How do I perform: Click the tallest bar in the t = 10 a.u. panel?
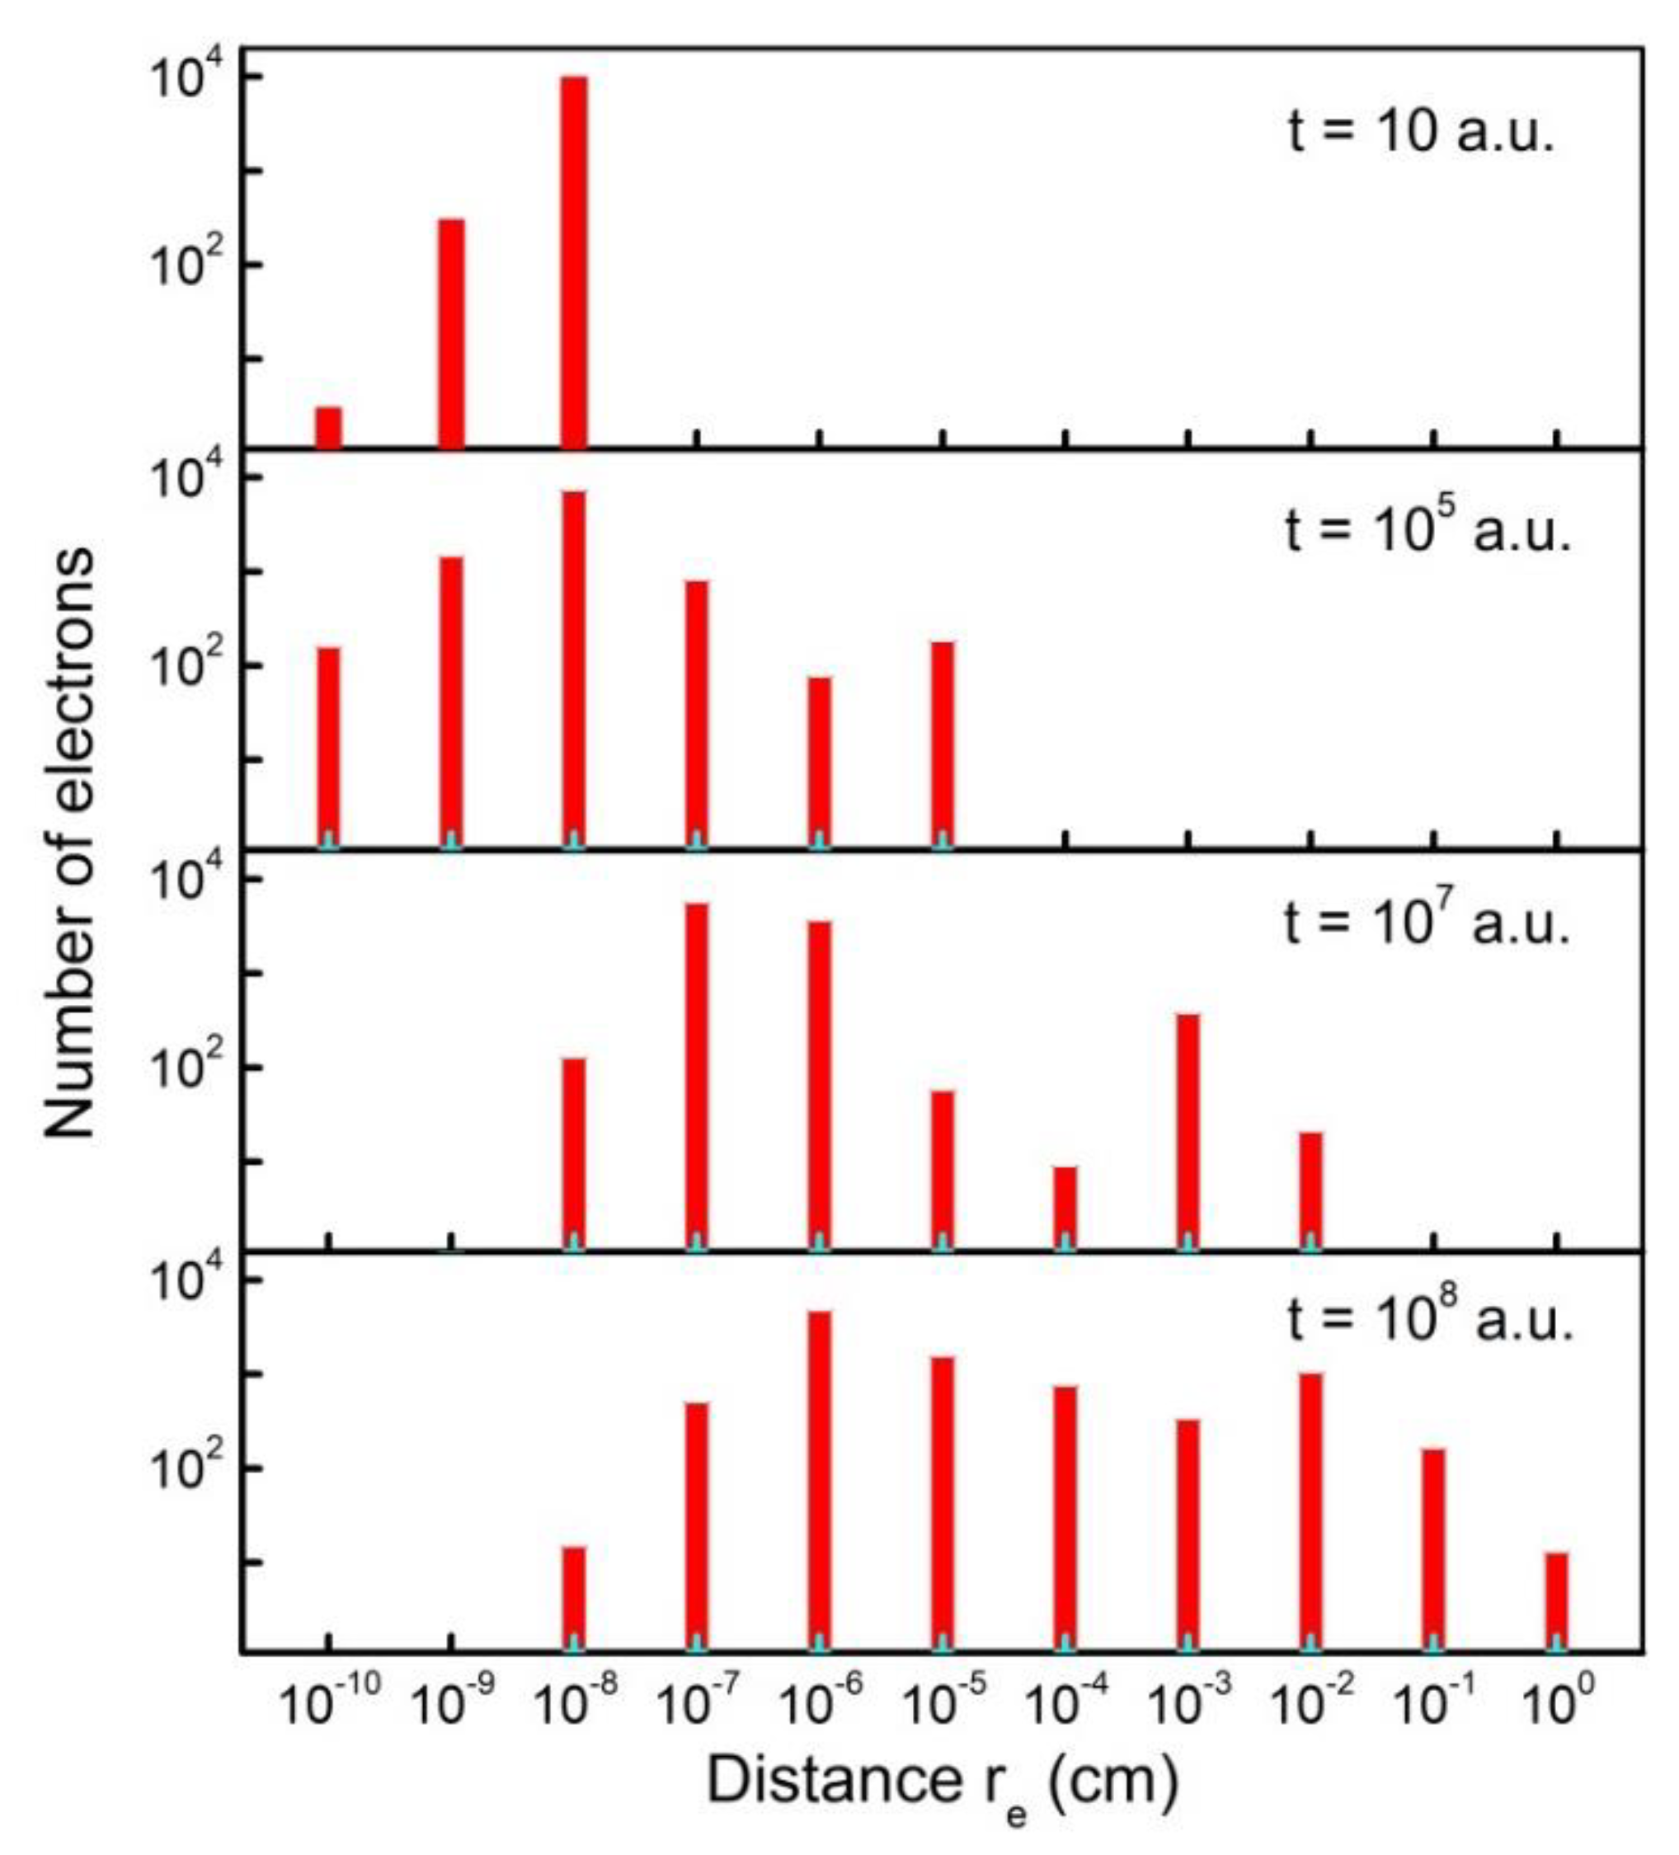coord(572,262)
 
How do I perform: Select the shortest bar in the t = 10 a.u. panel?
coord(328,427)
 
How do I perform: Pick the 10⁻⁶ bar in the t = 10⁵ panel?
coord(819,762)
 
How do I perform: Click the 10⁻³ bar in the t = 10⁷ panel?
coord(1188,1132)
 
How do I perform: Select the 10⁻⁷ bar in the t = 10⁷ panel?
coord(697,1077)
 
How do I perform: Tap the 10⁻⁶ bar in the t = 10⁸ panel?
coord(819,1482)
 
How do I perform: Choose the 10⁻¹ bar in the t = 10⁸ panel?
coord(1433,1551)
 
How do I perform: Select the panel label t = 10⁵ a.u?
coord(1426,532)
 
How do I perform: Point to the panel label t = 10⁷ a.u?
coord(1426,923)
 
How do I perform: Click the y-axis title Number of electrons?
coord(70,842)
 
